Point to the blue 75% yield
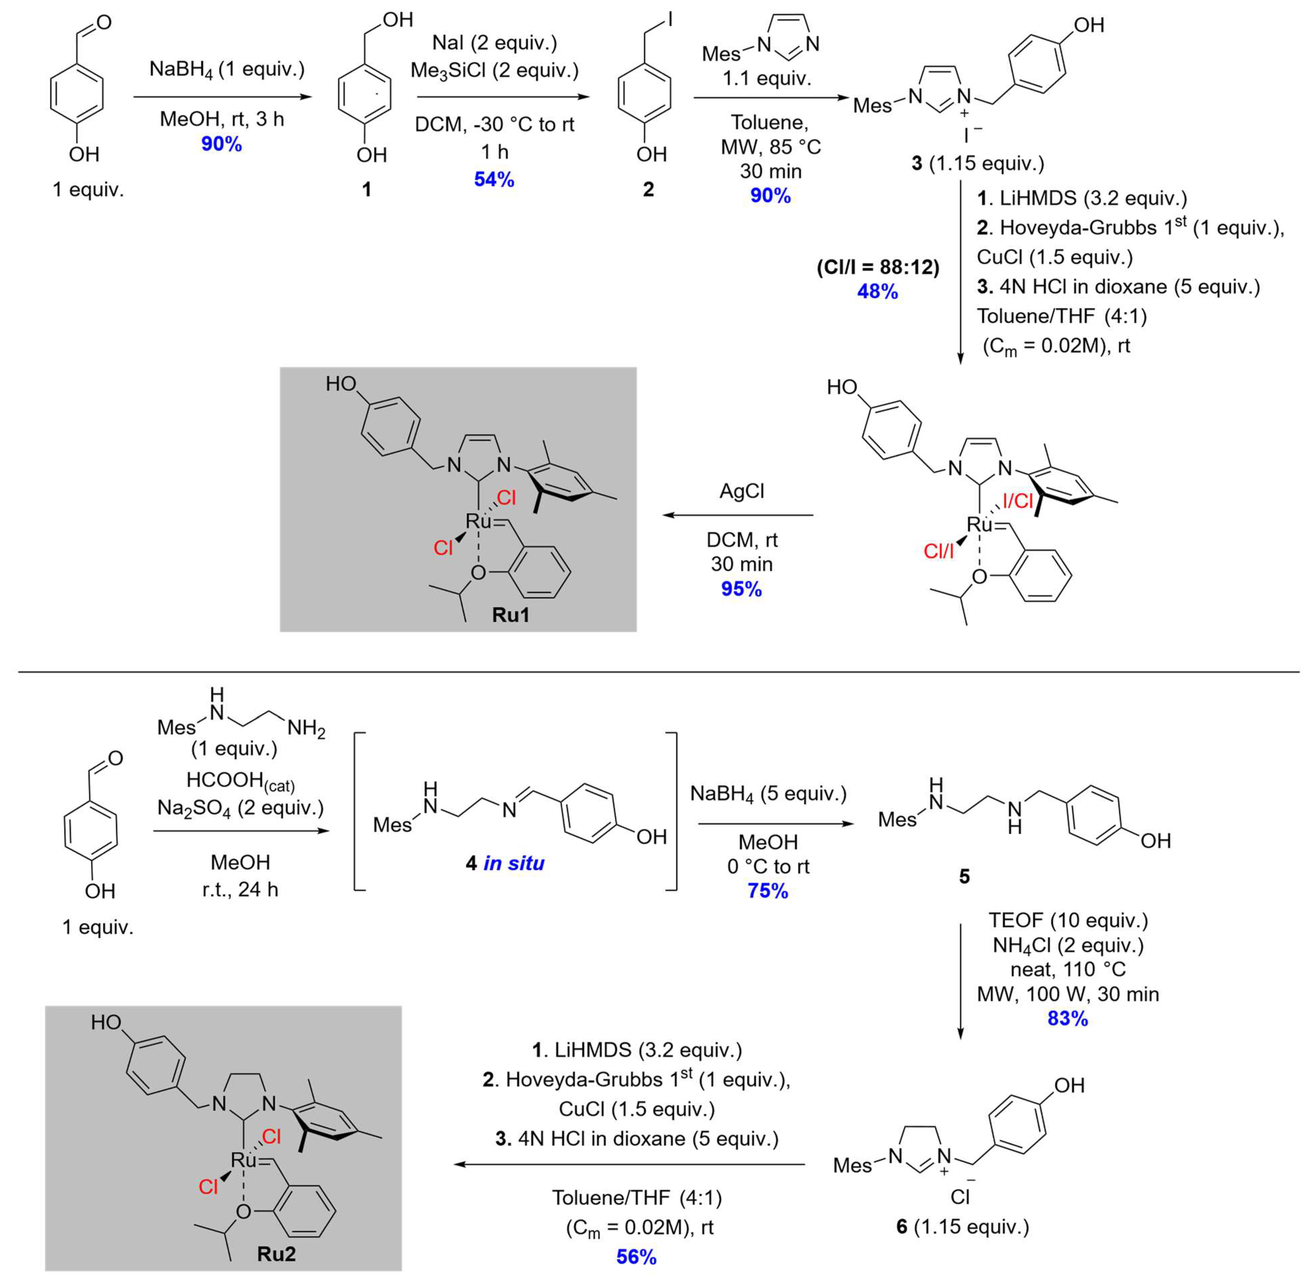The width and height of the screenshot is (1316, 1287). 768,891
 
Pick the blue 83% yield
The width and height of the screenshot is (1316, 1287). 1068,1019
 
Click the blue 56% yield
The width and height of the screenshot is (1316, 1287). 636,1257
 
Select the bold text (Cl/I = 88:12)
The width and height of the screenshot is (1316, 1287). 877,268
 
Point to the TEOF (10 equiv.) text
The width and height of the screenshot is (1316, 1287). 1068,921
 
